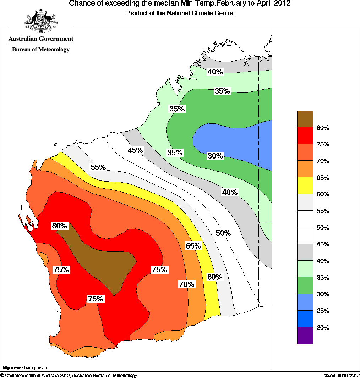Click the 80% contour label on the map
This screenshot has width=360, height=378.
tap(59, 226)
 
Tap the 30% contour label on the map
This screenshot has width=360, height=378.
tap(215, 156)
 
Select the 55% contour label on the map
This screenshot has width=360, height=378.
tap(98, 167)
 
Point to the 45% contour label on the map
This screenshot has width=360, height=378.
tap(135, 150)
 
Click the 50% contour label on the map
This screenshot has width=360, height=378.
tap(223, 233)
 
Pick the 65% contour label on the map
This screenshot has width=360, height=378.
tap(193, 246)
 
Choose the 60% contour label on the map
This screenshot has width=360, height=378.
tap(215, 277)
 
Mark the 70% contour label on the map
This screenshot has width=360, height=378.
tap(186, 284)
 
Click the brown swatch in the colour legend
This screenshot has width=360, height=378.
tap(305, 119)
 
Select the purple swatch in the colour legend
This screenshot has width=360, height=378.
tap(305, 335)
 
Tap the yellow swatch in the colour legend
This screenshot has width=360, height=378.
tap(305, 185)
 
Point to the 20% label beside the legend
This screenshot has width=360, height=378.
tap(323, 328)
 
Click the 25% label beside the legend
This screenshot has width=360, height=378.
tap(323, 311)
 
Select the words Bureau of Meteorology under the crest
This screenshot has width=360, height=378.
tap(41, 50)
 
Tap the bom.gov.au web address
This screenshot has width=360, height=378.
tap(25, 368)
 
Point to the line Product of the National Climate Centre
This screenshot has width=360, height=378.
tap(180, 13)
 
